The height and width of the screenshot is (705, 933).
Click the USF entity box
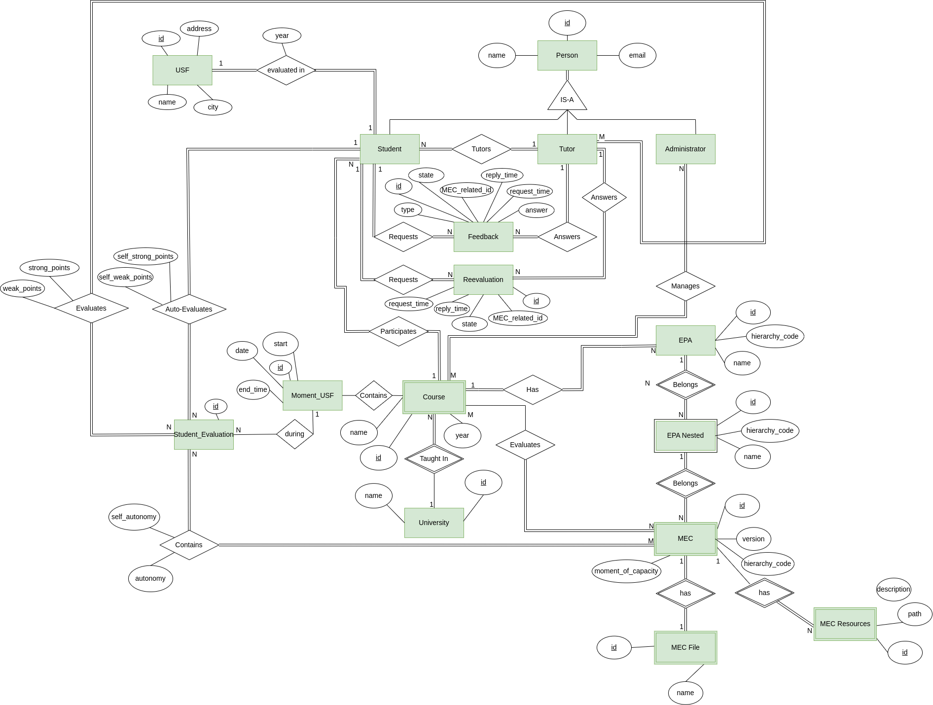point(182,70)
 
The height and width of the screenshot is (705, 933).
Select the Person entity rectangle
point(567,55)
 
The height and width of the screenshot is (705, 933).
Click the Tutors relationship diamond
point(481,149)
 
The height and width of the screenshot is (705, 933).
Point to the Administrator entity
point(685,149)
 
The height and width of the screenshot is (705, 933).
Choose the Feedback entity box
point(483,237)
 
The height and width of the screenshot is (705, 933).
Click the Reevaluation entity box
point(483,280)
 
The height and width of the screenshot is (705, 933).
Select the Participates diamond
point(398,331)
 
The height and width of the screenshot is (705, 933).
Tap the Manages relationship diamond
point(685,286)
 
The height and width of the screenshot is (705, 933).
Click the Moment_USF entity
point(312,395)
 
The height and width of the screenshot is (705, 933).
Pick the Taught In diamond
point(434,458)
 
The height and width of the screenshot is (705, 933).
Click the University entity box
point(434,523)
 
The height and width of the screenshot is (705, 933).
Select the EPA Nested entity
point(685,435)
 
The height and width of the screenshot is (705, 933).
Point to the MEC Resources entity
point(845,624)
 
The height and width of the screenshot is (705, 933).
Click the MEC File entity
point(685,647)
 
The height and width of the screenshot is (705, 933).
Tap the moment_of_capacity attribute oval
point(626,571)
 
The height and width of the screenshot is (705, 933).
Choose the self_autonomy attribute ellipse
point(134,517)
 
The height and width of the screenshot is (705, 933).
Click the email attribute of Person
point(637,55)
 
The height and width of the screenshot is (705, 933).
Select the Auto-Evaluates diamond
point(189,309)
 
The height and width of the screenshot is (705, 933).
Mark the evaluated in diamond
point(286,70)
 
